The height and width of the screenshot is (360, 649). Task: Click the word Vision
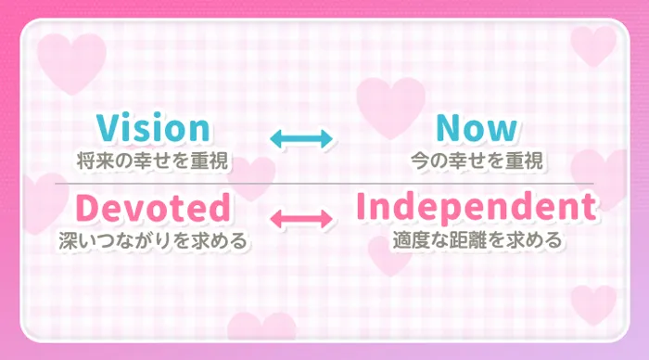tap(152, 128)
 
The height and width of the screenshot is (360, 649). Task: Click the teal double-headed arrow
tap(300, 139)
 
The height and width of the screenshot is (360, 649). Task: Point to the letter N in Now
tap(446, 128)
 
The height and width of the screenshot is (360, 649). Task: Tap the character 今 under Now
tap(419, 161)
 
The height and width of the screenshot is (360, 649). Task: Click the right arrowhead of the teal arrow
tap(324, 139)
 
